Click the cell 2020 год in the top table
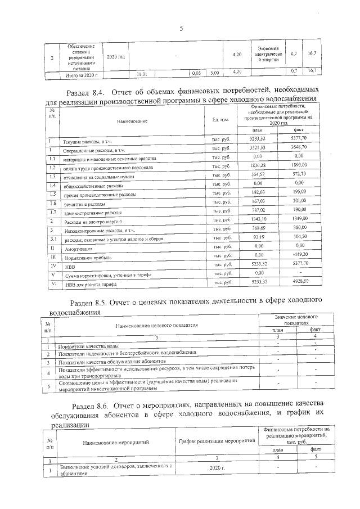[115, 57]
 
